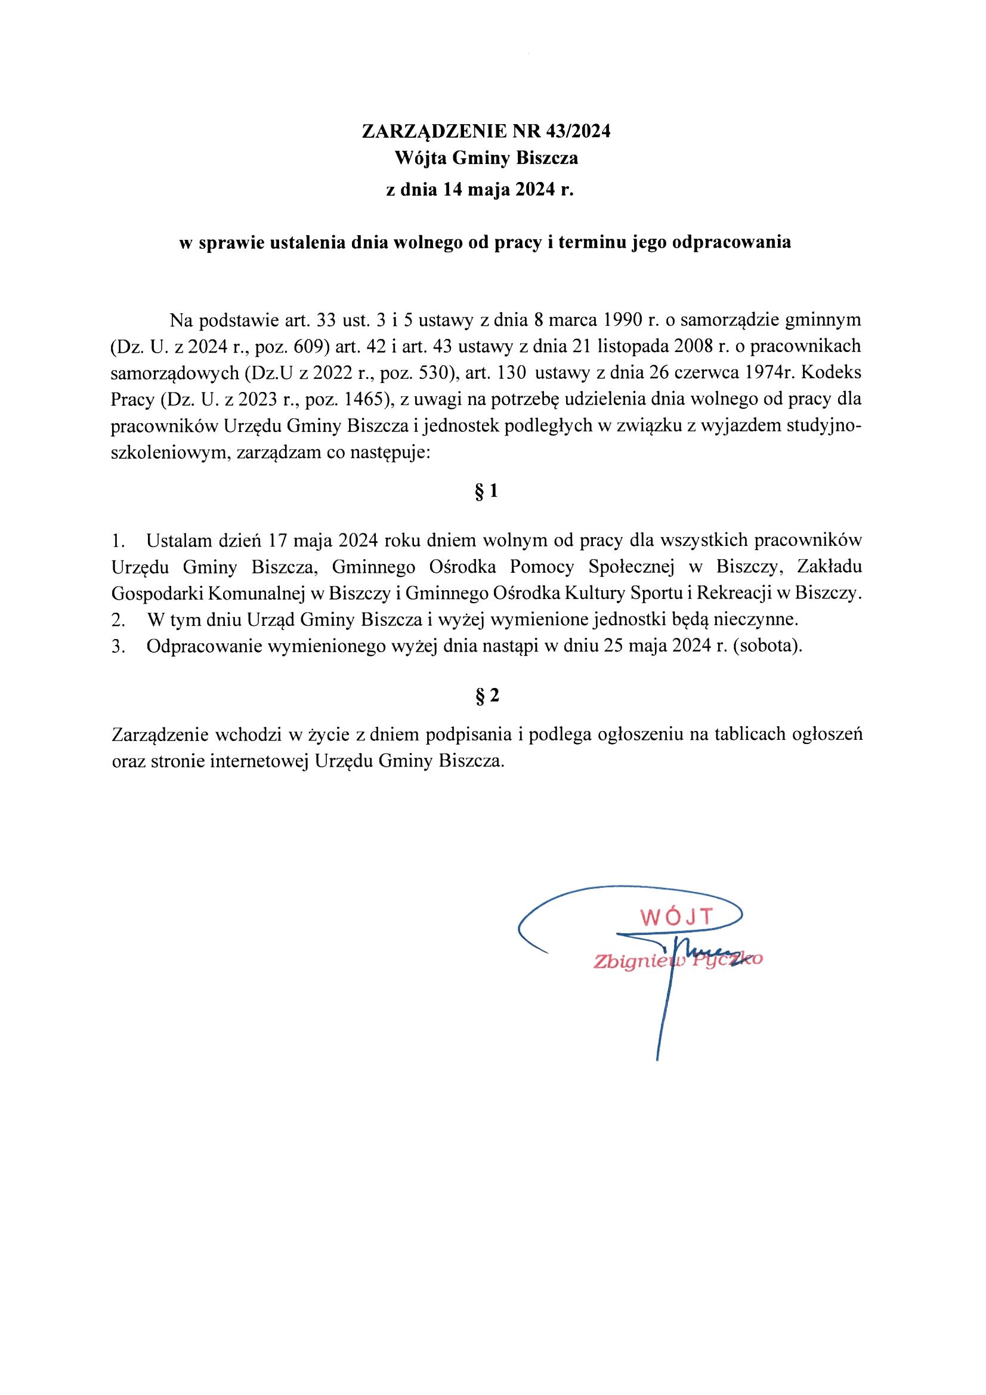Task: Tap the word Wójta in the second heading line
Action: [418, 159]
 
